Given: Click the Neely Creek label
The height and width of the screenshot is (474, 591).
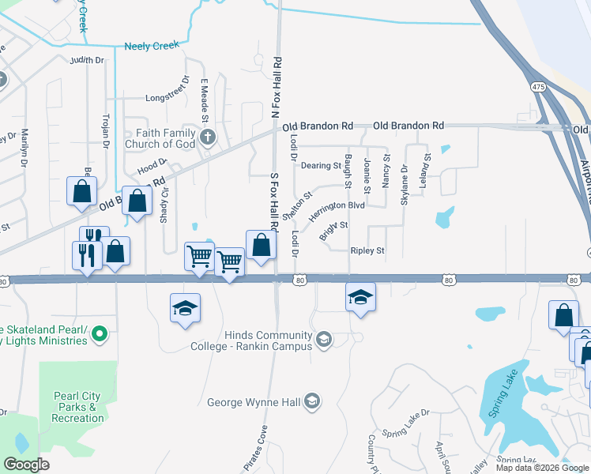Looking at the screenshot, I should coord(152,47).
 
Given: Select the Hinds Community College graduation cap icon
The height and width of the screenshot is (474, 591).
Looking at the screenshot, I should coord(323,340).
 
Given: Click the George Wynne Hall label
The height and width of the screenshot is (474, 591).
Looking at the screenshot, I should coord(254,402).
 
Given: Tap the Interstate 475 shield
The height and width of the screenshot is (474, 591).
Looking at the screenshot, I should coord(538,86).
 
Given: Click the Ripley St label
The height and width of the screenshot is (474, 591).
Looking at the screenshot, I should coord(367,250).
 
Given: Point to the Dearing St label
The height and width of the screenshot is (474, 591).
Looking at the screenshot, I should coord(321,166).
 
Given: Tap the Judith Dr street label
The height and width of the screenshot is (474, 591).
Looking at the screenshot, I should coord(87,60).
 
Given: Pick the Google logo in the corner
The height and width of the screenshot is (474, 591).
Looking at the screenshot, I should coord(27,464).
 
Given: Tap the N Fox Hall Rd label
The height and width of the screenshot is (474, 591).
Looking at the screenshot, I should coord(277,88).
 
